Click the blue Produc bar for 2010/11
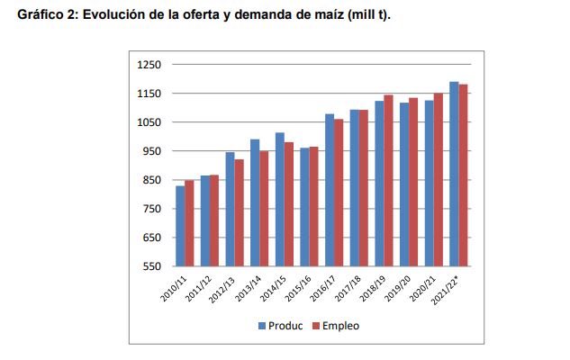(x=180, y=226)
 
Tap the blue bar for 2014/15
(x=280, y=199)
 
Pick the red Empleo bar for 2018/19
(x=388, y=180)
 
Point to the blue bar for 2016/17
(x=330, y=190)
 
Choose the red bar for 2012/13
(x=239, y=212)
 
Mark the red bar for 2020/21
(x=438, y=179)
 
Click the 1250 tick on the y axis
(x=149, y=65)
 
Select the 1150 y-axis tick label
(x=149, y=94)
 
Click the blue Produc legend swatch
(x=261, y=326)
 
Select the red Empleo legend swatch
(x=316, y=326)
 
